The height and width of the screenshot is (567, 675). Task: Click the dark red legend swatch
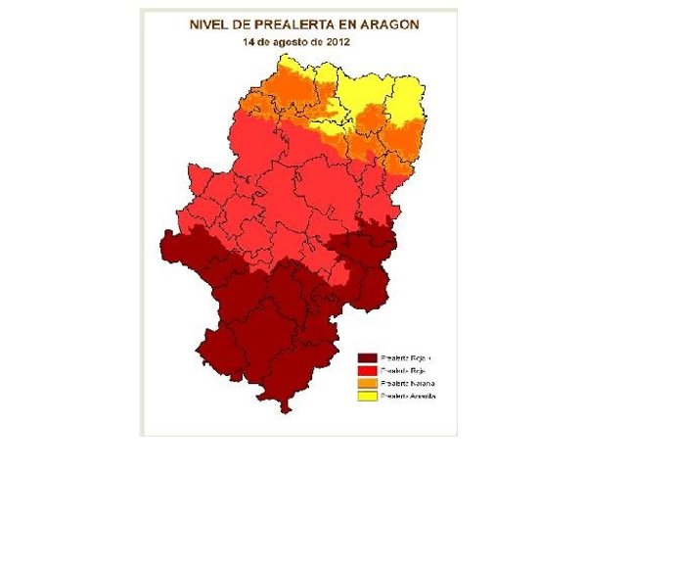368,358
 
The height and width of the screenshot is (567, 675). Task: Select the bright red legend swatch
368,371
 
